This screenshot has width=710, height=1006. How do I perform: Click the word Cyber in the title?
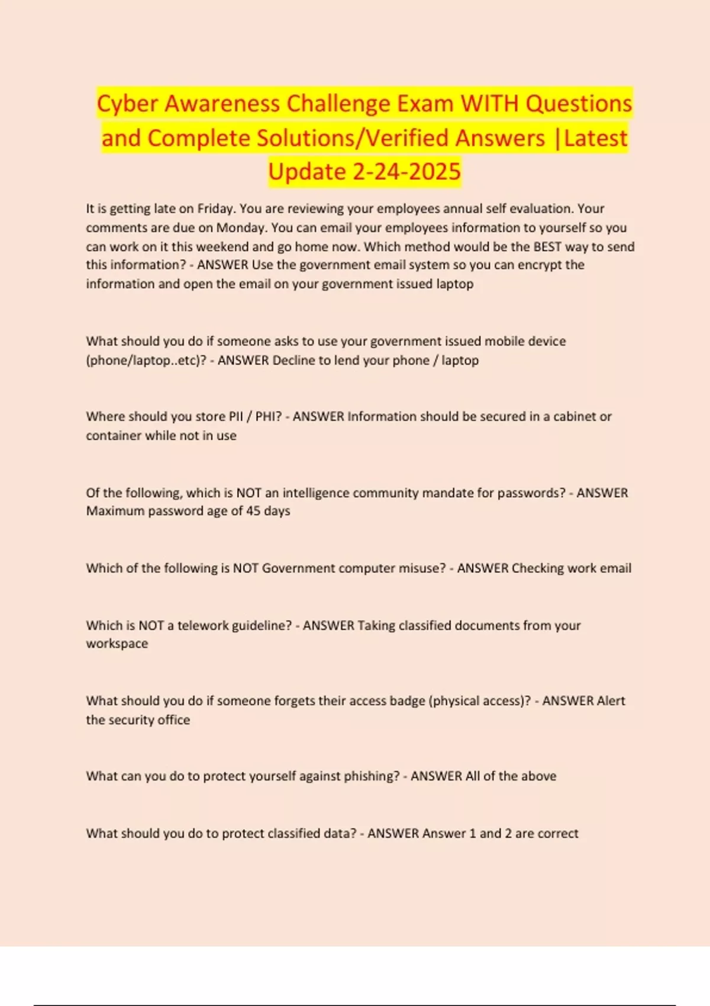tap(128, 104)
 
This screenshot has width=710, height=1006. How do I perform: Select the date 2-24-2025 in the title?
tap(406, 172)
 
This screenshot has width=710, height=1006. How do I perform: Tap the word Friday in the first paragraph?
tap(215, 209)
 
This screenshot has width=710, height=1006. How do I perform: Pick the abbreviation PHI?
tap(269, 417)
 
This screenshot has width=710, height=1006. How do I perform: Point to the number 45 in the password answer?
tap(253, 511)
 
